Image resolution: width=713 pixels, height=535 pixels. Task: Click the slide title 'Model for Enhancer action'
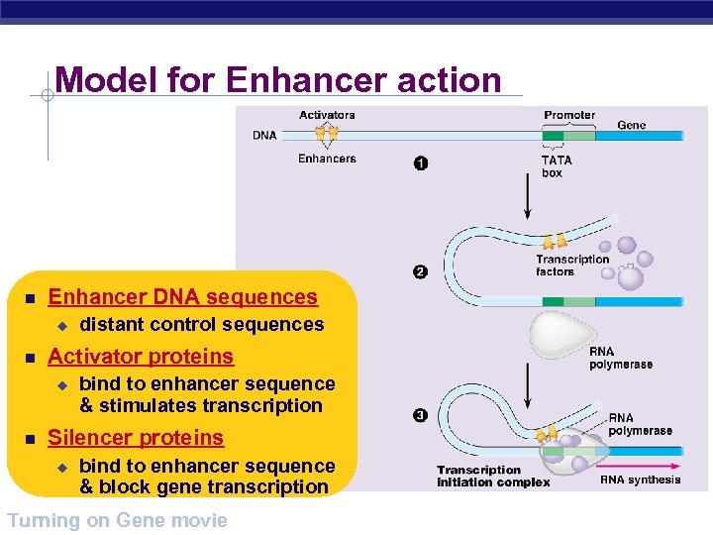(278, 79)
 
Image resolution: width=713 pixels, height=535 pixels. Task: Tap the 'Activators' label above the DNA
(327, 115)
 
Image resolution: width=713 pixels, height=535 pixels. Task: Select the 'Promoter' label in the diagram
(569, 115)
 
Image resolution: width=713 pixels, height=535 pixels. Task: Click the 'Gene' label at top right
(632, 126)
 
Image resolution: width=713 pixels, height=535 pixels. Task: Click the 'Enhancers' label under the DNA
(327, 159)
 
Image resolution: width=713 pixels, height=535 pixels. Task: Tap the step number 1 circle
(421, 163)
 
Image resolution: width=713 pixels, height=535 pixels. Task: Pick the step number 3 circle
(420, 415)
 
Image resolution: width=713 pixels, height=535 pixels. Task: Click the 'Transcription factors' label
(572, 266)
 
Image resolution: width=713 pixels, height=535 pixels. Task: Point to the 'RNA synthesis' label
(641, 480)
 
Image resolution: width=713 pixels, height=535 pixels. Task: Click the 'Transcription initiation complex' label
(493, 477)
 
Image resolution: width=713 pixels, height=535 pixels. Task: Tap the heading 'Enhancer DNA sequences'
(183, 297)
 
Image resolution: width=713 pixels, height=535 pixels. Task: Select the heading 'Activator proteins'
(141, 357)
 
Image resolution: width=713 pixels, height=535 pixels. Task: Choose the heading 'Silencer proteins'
(136, 438)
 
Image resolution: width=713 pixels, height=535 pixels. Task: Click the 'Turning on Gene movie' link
(117, 520)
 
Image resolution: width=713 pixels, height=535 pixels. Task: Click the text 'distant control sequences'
(201, 325)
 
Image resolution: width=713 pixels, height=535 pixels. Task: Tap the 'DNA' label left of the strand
(264, 136)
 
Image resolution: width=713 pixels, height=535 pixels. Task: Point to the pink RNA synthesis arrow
(639, 464)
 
